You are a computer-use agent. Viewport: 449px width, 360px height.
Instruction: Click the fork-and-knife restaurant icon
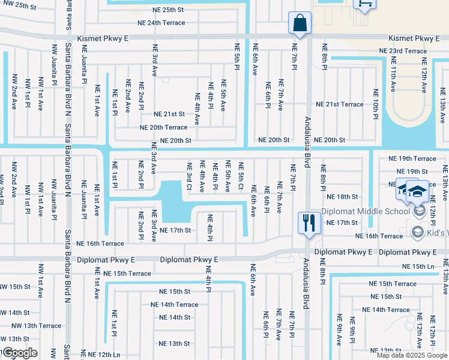[x=307, y=223]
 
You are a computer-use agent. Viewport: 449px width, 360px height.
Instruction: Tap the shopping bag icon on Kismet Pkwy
[x=298, y=23]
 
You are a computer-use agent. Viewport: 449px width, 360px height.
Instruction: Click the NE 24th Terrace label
[x=161, y=23]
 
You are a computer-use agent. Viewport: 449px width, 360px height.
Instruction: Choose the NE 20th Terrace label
[x=163, y=127]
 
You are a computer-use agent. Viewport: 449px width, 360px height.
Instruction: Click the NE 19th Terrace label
[x=412, y=158]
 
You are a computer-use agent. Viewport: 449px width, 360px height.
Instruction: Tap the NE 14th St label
[x=174, y=317]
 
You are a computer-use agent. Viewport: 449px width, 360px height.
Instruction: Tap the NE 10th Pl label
[x=375, y=103]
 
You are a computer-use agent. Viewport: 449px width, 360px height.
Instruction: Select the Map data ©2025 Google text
[x=412, y=355]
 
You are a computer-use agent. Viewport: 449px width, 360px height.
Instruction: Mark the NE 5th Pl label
[x=237, y=55]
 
